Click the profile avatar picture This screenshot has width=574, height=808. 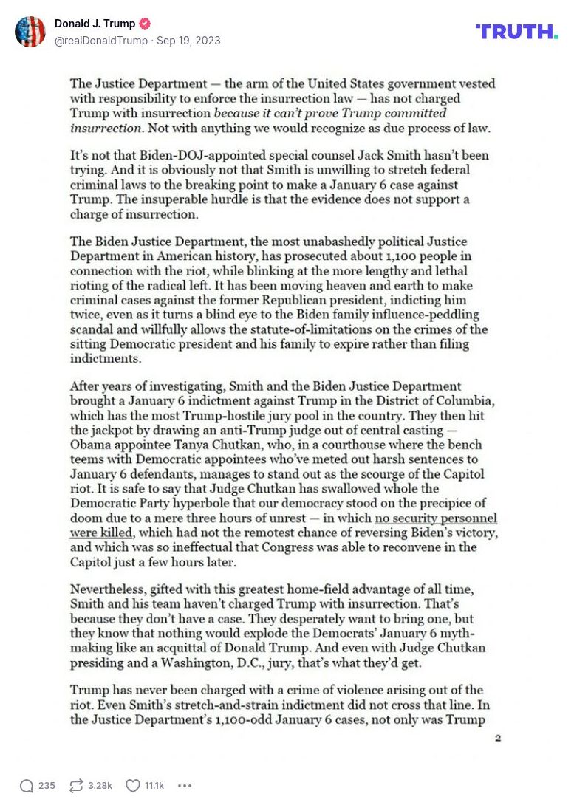(x=30, y=32)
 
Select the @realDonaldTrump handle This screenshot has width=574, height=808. (x=100, y=41)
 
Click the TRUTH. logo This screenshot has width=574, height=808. (x=516, y=32)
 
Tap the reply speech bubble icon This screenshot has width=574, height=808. (x=27, y=786)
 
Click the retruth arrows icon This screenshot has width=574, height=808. (x=75, y=786)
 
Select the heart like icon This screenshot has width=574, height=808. (x=132, y=786)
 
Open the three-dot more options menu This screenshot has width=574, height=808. (x=185, y=786)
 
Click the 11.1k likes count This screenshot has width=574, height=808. (x=154, y=786)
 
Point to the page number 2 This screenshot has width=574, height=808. (x=497, y=737)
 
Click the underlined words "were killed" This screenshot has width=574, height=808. (x=101, y=533)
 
